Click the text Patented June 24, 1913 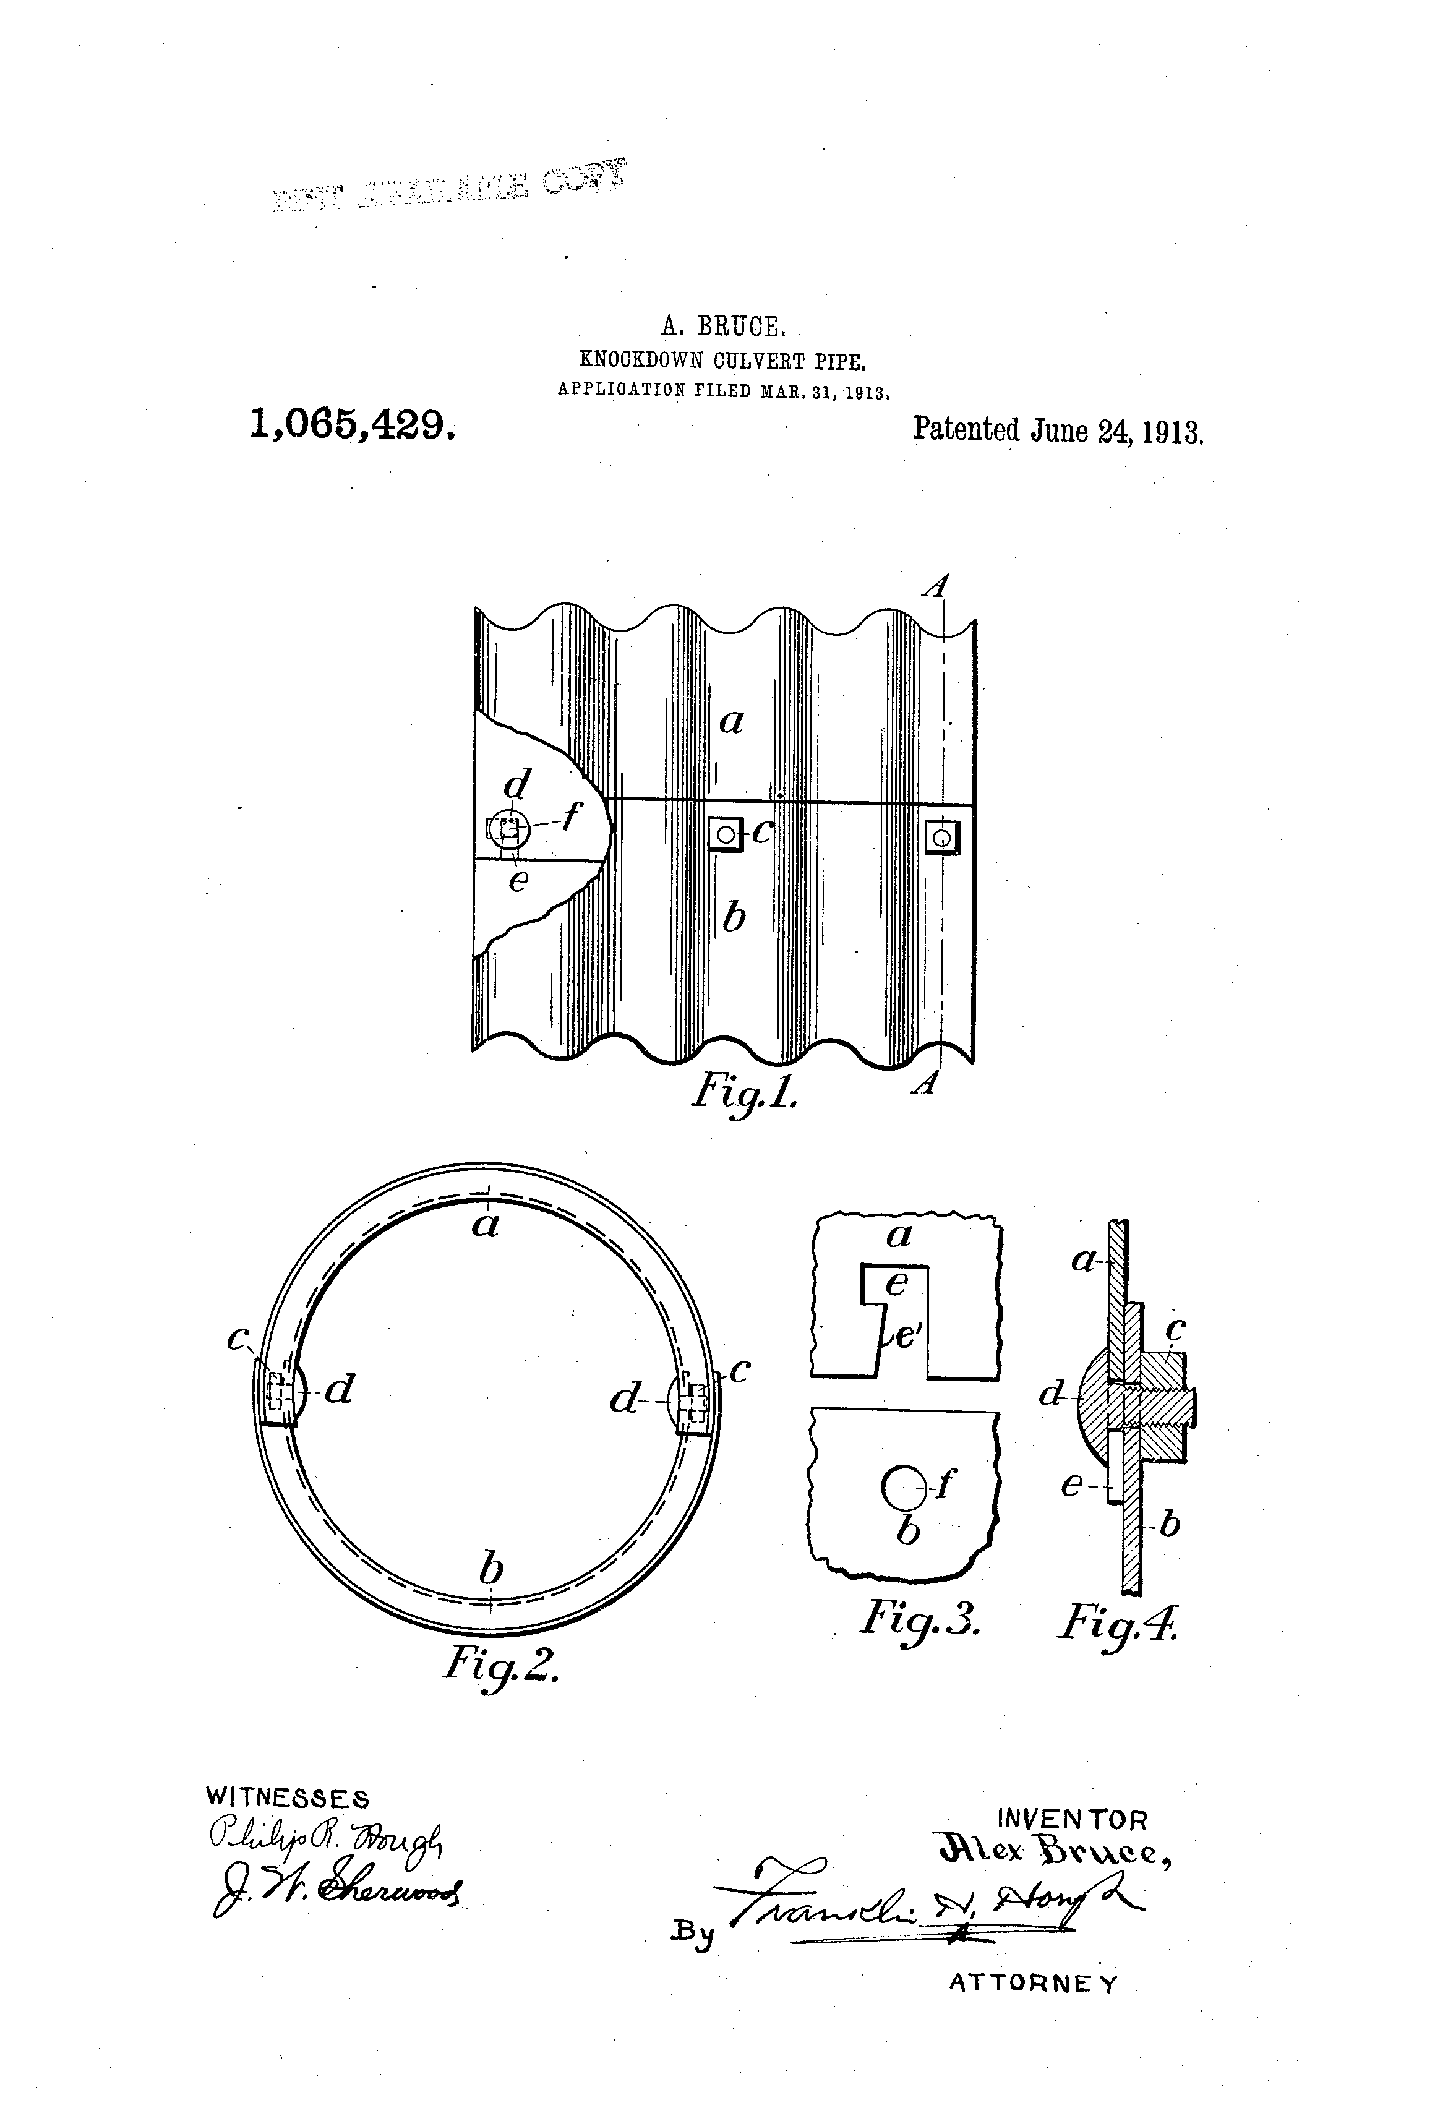click(1058, 429)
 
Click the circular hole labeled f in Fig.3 click(900, 1486)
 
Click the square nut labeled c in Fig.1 click(725, 833)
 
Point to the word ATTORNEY click(1033, 1984)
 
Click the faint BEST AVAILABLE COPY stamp click(449, 187)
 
